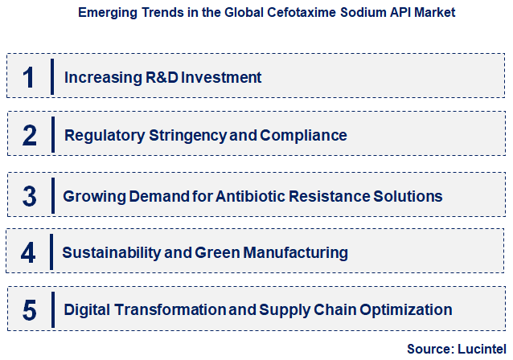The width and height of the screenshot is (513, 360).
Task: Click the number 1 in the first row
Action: click(x=28, y=78)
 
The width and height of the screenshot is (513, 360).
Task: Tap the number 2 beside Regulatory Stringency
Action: click(x=29, y=135)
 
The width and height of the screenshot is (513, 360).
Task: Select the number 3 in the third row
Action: click(x=29, y=196)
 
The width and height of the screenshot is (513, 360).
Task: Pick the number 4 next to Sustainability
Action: click(x=29, y=253)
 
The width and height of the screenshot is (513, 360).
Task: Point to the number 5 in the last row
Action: click(x=29, y=309)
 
